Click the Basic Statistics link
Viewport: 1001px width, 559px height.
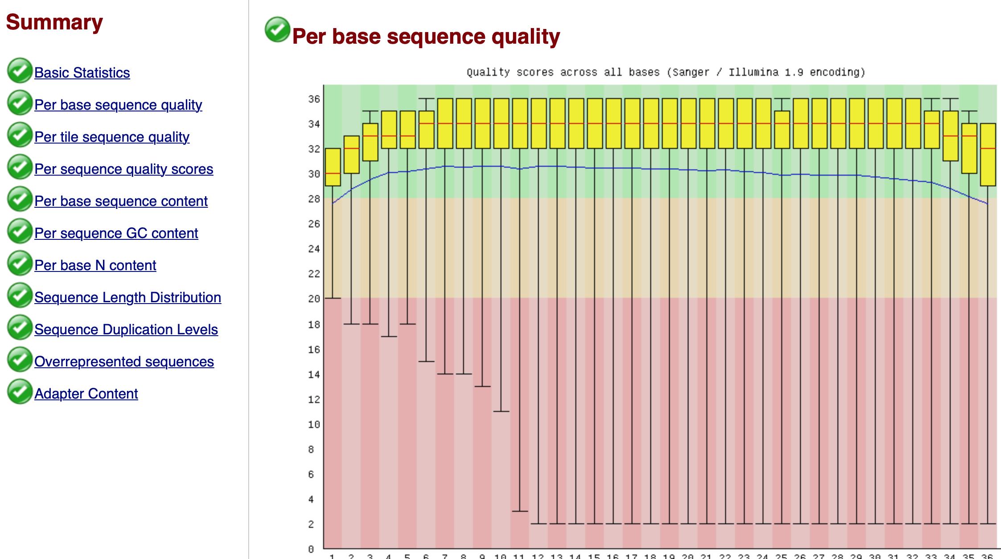click(x=82, y=73)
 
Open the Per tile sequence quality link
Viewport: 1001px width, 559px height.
click(x=112, y=137)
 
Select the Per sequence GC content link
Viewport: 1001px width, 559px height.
click(x=116, y=233)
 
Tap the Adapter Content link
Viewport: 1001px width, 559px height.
click(x=86, y=394)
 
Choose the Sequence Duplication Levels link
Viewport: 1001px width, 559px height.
click(x=126, y=329)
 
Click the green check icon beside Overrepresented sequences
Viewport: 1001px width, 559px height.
click(x=20, y=360)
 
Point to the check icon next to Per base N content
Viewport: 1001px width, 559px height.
click(x=20, y=263)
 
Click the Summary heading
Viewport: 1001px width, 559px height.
click(x=54, y=22)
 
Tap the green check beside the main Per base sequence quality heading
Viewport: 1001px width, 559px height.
click(x=277, y=29)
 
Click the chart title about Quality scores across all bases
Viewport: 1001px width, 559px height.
click(x=666, y=72)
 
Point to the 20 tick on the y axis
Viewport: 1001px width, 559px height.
click(x=314, y=299)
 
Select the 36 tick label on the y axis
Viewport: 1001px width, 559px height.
click(x=314, y=99)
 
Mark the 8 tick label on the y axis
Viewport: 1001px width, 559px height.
click(x=311, y=449)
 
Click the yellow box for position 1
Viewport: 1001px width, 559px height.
click(x=333, y=167)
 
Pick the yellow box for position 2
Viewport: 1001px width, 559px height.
click(x=352, y=154)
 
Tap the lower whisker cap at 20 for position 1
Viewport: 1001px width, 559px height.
click(x=333, y=298)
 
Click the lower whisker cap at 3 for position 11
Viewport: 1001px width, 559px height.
click(x=520, y=511)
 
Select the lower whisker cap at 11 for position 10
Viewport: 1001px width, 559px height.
click(x=501, y=411)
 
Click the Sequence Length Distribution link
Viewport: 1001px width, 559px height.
click(x=127, y=297)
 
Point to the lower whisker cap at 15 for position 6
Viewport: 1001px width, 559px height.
click(x=427, y=361)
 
